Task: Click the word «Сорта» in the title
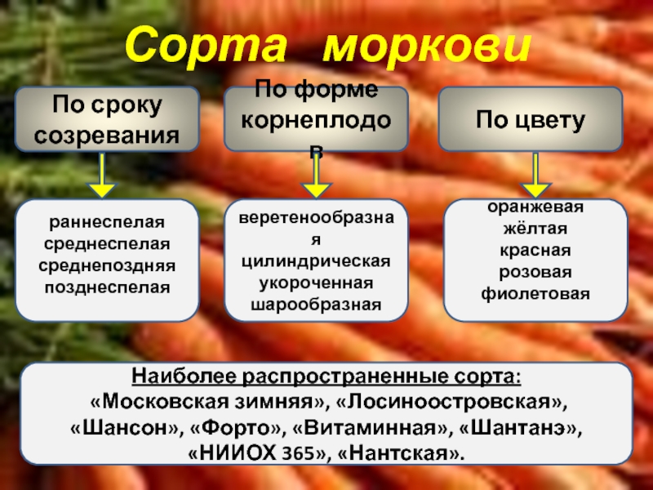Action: pyautogui.click(x=213, y=47)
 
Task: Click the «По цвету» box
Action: pyautogui.click(x=531, y=120)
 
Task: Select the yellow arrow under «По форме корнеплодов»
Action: pyautogui.click(x=315, y=176)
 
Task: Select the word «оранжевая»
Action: pyautogui.click(x=535, y=207)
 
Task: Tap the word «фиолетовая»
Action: pyautogui.click(x=535, y=292)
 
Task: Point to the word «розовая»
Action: pyautogui.click(x=535, y=271)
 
